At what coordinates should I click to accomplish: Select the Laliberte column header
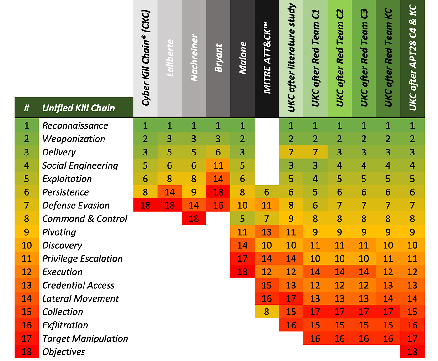point(170,58)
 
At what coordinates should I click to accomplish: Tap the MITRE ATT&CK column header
point(267,58)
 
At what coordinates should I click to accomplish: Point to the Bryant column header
point(218,58)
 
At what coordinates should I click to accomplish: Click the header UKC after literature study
point(291,58)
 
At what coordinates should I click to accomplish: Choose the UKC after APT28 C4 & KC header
point(412,58)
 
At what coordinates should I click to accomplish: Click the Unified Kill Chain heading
point(79,108)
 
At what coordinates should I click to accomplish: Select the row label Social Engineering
point(80,165)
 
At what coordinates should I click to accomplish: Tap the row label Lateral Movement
point(80,299)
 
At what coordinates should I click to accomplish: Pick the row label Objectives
point(64,352)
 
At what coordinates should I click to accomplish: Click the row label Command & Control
point(85,219)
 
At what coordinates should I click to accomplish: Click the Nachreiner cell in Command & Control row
point(194,219)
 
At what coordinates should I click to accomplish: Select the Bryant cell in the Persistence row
point(218,192)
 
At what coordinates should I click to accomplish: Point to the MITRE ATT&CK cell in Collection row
point(267,312)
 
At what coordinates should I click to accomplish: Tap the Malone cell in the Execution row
point(242,272)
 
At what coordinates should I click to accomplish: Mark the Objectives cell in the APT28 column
point(412,352)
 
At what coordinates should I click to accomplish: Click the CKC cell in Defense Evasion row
point(145,206)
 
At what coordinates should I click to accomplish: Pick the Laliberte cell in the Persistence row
point(170,192)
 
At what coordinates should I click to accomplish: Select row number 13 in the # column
point(27,285)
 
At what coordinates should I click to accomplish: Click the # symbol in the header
point(27,108)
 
